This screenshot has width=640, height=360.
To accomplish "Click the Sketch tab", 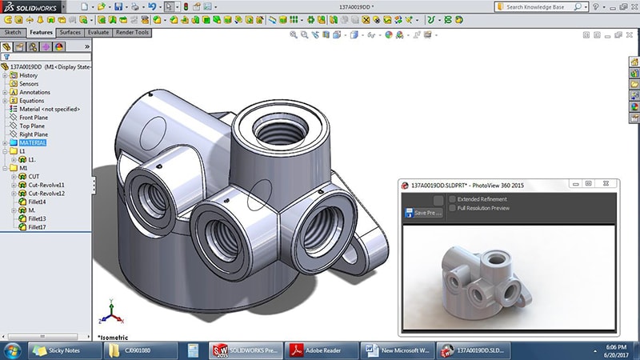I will pos(13,33).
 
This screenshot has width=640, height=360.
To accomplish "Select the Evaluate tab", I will pos(98,33).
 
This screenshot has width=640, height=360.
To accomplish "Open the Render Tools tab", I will pos(132,33).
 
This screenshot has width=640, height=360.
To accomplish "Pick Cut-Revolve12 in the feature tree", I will pos(46,194).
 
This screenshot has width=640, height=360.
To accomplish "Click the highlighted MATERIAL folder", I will pos(32,142).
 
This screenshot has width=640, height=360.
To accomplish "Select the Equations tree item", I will pos(31,101).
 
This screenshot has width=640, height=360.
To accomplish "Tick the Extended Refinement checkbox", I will pos(453,199).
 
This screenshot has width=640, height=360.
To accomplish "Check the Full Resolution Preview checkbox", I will pos(453,208).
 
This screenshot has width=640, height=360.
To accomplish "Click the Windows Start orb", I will pos(13,350).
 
